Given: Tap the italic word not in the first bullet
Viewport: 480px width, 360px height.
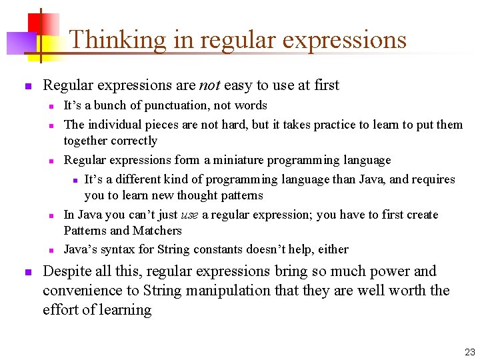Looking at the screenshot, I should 207,85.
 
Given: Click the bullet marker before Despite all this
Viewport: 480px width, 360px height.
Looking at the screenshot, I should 27,272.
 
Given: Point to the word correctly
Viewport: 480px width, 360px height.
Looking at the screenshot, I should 136,141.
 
